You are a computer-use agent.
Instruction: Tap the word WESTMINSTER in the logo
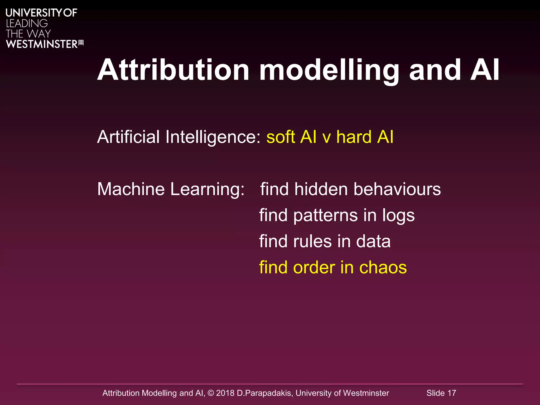click(42, 44)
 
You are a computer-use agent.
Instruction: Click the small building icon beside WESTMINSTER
click(81, 43)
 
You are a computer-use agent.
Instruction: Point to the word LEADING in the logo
click(27, 23)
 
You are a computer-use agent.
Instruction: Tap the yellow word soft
click(281, 137)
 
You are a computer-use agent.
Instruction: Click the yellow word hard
click(354, 137)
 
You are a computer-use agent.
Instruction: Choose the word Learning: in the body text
click(208, 189)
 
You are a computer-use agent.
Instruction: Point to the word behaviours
click(397, 189)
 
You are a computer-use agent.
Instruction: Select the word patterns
click(325, 215)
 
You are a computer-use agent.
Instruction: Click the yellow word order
click(314, 267)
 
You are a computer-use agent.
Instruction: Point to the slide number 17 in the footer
click(452, 393)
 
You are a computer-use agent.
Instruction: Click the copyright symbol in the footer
click(211, 393)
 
